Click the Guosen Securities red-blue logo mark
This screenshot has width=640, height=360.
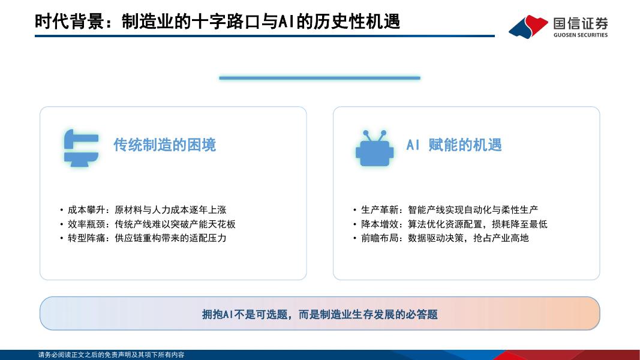tap(528, 26)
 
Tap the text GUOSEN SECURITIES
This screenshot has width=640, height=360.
tap(581, 35)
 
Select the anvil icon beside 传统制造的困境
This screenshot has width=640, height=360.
tap(81, 148)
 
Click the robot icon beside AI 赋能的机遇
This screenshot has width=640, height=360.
tap(374, 148)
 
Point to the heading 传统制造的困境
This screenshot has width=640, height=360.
tap(164, 145)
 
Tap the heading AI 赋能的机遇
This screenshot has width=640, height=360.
tap(454, 145)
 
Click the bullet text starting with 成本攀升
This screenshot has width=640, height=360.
tap(147, 210)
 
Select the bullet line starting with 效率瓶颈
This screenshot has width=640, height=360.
tap(151, 224)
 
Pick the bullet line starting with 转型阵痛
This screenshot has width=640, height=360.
tap(147, 238)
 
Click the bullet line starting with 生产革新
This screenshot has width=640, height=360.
tap(449, 210)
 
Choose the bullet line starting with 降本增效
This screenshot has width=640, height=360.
tap(454, 224)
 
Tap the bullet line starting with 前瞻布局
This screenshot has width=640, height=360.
tap(445, 238)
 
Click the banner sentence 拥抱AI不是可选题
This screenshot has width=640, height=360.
tap(245, 314)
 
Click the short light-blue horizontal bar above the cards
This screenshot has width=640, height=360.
tap(320, 78)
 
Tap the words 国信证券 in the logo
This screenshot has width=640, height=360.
tap(581, 23)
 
